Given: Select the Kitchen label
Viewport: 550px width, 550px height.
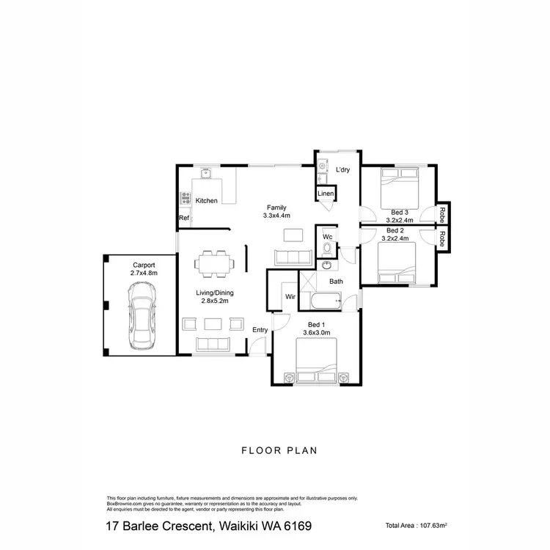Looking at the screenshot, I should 206,200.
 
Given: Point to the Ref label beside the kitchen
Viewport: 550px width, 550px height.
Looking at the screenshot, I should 184,219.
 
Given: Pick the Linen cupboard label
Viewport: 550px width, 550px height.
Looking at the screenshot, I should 326,194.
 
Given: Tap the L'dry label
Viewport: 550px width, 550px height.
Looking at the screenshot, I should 343,171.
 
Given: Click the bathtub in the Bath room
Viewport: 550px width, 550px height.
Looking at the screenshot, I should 325,300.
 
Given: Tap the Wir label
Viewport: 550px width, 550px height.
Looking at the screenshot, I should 290,297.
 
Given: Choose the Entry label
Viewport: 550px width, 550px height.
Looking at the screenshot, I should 260,331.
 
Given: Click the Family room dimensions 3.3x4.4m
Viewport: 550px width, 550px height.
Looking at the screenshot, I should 277,216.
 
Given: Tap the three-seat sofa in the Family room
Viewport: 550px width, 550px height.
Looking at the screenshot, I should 292,257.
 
